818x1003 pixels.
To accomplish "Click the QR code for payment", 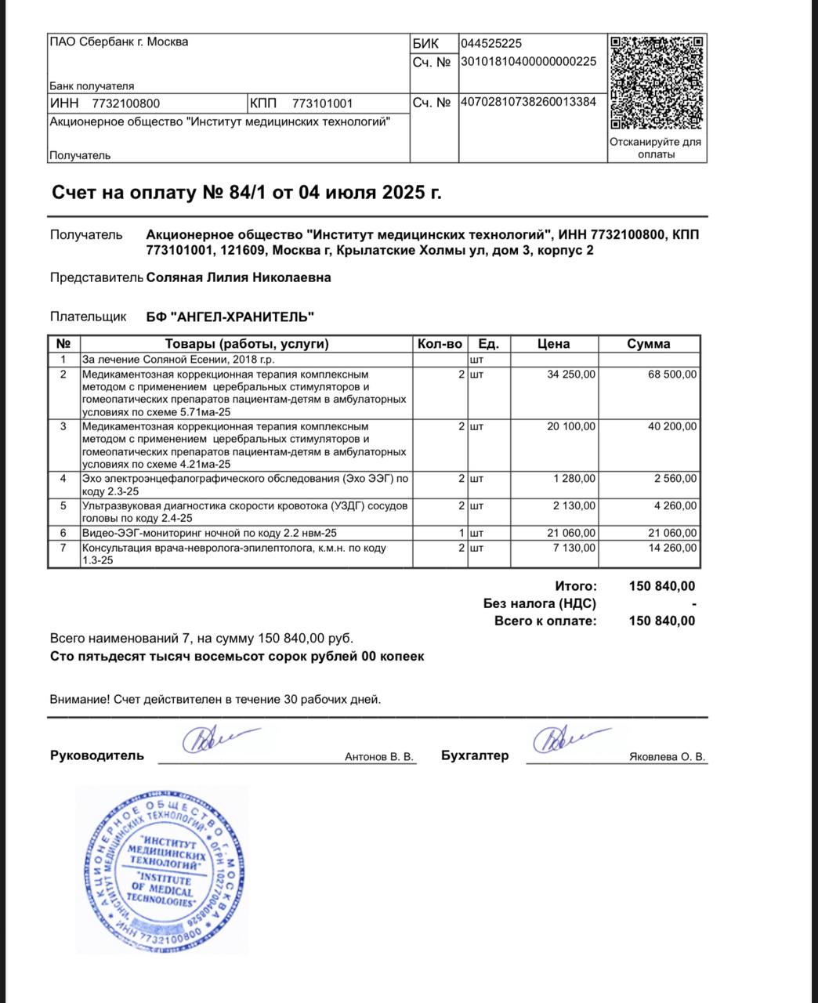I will click(657, 83).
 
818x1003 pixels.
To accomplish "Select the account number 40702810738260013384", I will click(528, 102).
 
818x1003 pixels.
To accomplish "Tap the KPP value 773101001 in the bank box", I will click(322, 103).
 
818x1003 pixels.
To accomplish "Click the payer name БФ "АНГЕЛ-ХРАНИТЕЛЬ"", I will click(230, 317).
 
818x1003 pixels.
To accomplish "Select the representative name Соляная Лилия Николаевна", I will click(238, 277).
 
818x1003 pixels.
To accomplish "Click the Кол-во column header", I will click(440, 344).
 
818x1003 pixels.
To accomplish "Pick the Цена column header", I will click(553, 344).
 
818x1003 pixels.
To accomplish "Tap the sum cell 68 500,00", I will click(671, 375).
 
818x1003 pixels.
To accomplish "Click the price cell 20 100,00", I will click(570, 426).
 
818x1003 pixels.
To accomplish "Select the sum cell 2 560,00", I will click(675, 478).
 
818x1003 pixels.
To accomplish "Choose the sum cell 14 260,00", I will click(671, 548).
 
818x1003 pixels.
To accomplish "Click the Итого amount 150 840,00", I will click(661, 586).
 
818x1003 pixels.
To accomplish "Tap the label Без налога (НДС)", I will click(539, 603).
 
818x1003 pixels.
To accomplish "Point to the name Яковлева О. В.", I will click(667, 757).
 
